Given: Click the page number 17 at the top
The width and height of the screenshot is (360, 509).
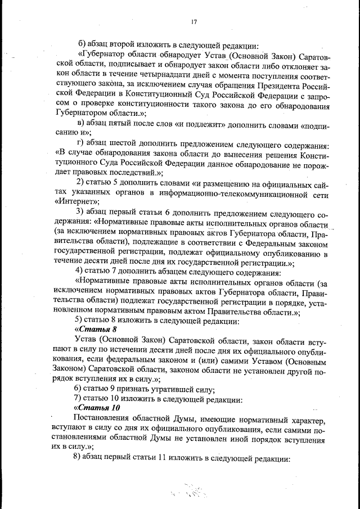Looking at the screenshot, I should [x=193, y=22].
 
